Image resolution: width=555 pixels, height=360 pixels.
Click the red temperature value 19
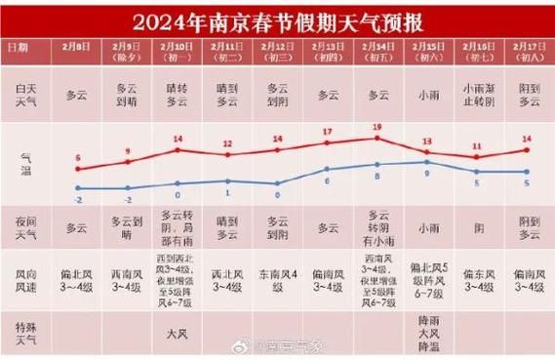(377, 128)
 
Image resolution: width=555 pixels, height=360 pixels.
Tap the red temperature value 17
(327, 132)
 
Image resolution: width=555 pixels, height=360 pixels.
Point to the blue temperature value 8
(377, 179)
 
